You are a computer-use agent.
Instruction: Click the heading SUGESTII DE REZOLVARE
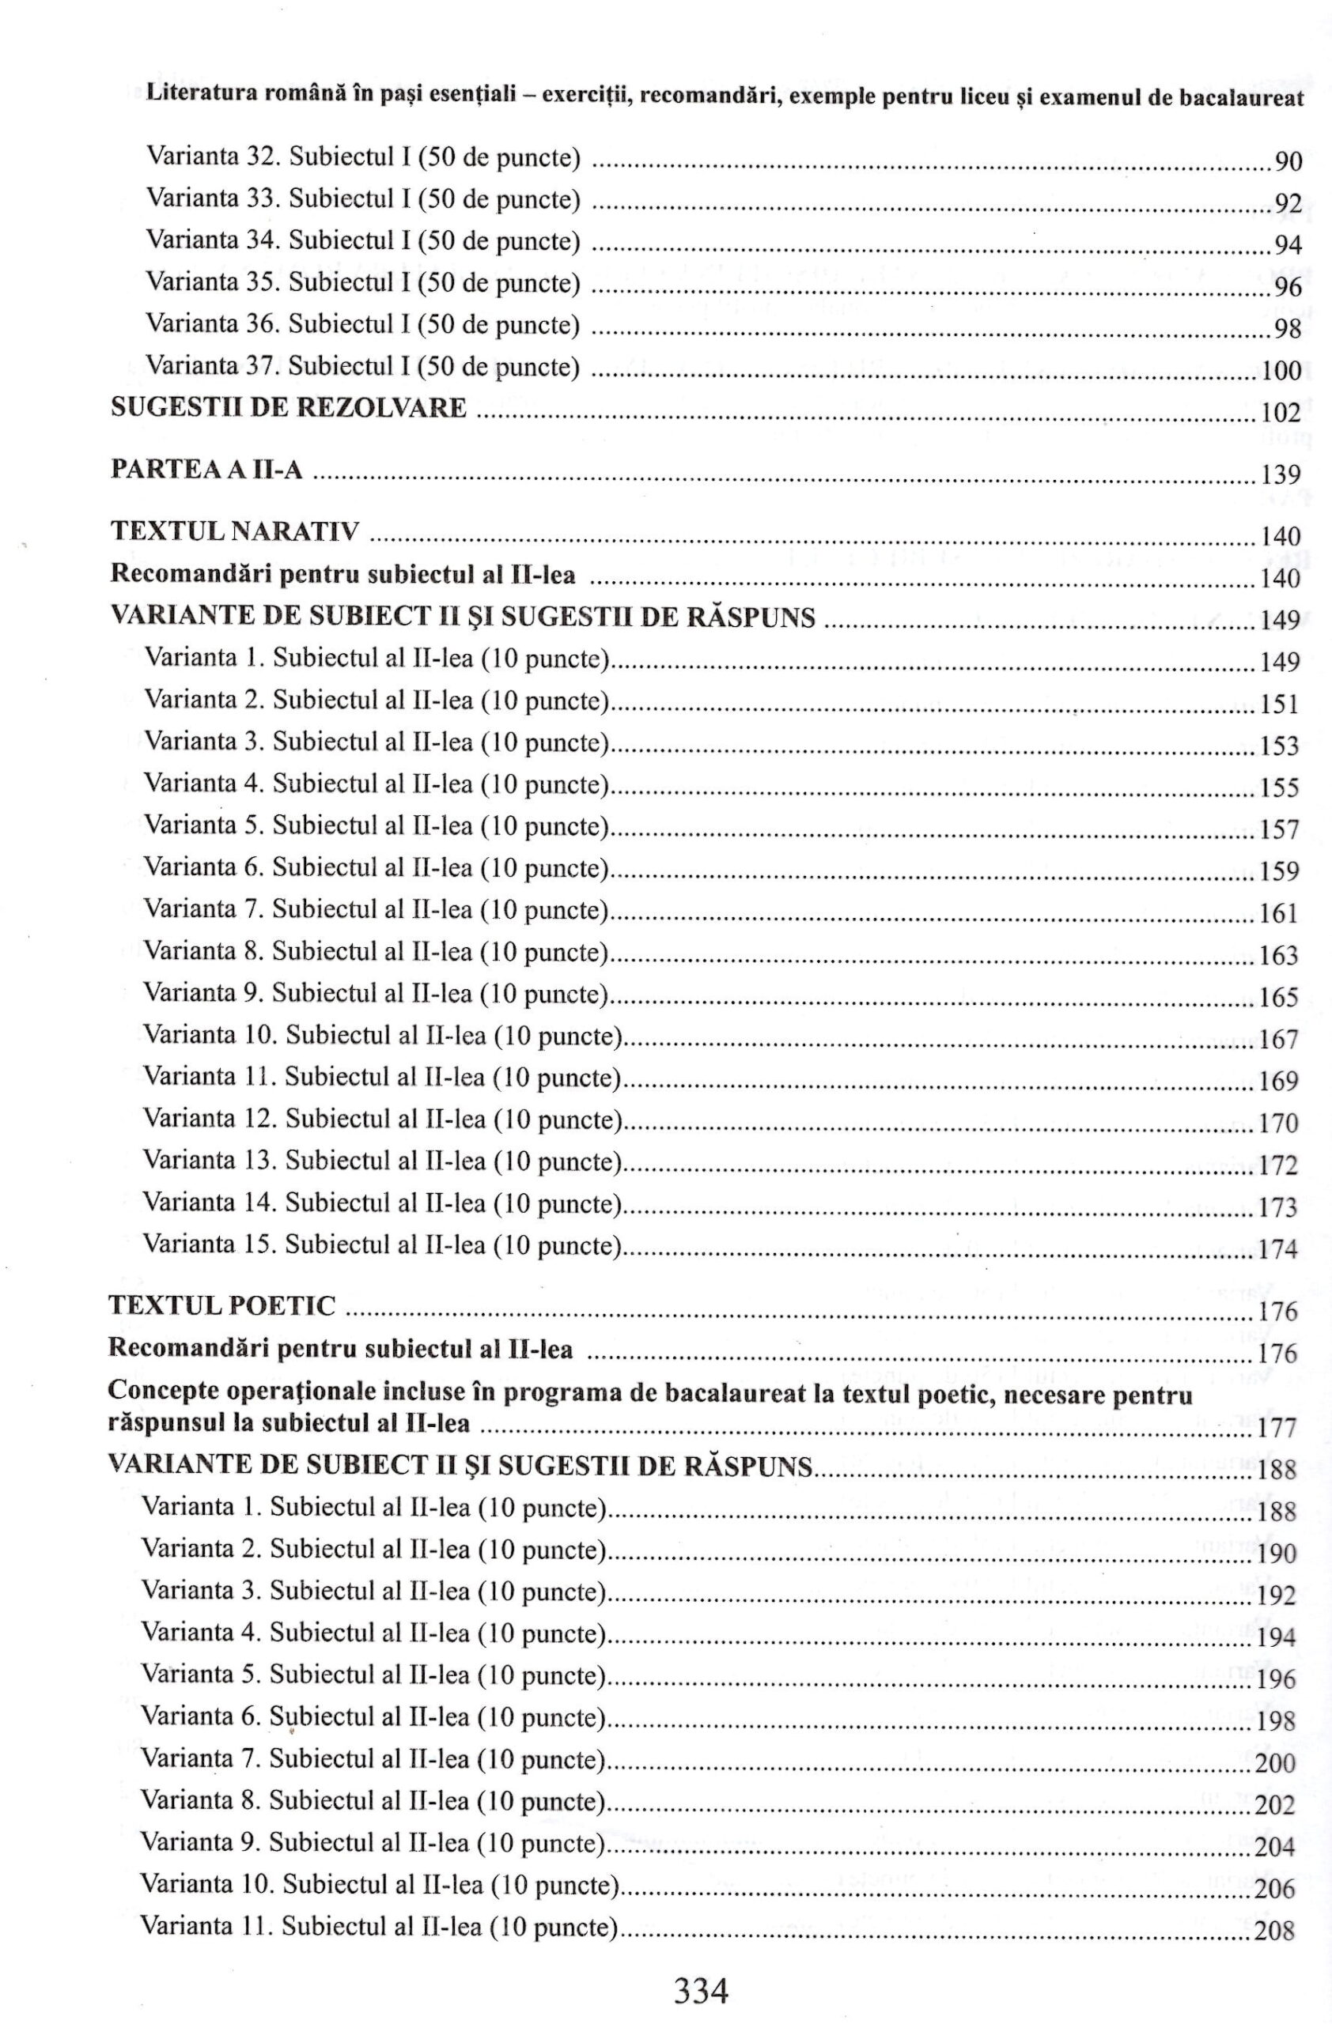289,408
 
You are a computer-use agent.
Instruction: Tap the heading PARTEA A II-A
206,470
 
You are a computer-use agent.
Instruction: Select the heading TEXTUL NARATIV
236,531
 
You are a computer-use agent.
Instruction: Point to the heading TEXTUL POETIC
223,1305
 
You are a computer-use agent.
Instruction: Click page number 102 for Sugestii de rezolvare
1280,413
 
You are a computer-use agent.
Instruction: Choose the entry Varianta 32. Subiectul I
363,157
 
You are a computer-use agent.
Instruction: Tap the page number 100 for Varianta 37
1281,371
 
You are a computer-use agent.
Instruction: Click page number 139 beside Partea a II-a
1280,474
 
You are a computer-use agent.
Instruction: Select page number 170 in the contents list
1278,1123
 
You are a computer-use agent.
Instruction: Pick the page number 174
1278,1249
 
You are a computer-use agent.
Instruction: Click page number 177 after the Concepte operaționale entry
1277,1428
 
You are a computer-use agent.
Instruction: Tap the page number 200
1275,1764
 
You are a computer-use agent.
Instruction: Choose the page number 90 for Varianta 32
1288,161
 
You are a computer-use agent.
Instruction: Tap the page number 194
1276,1637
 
